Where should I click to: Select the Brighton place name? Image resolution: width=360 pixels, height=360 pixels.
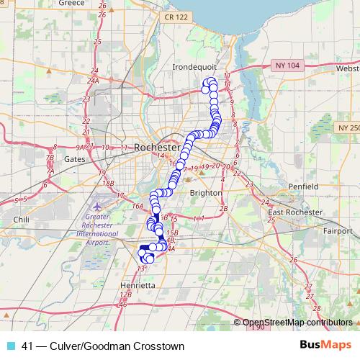coord(205,193)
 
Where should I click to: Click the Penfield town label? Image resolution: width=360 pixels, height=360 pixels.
coord(303,186)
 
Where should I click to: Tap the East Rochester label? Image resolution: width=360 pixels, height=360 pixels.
coord(294,213)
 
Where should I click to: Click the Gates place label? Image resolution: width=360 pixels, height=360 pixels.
coord(75,159)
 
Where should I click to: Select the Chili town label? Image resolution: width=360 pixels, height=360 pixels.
coord(20,218)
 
